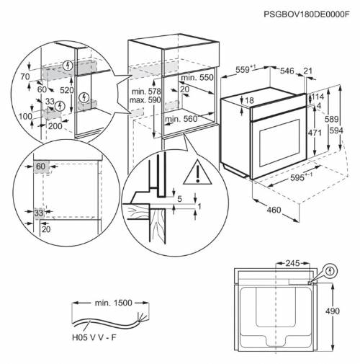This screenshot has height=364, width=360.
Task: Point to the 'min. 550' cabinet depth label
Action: click(x=197, y=77)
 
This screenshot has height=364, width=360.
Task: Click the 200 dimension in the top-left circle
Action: click(x=55, y=125)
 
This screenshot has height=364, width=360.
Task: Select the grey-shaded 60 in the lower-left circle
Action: click(x=40, y=167)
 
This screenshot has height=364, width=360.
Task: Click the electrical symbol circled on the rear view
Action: click(x=330, y=271)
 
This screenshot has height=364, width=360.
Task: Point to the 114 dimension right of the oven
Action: click(x=317, y=97)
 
